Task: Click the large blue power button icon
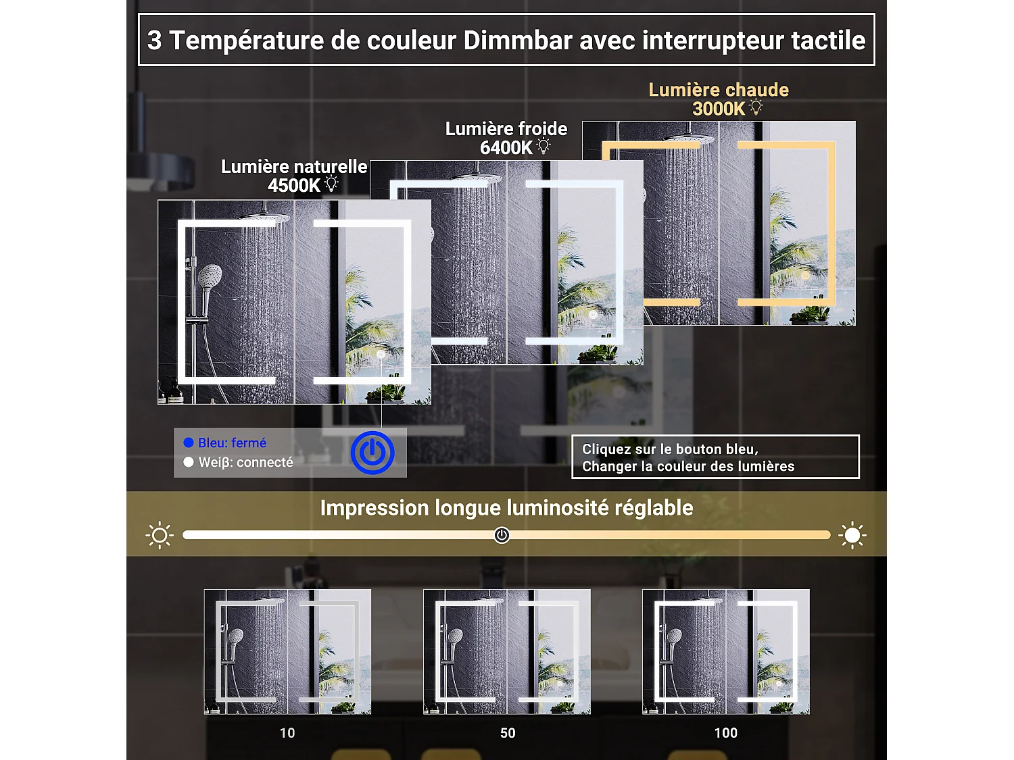click(372, 453)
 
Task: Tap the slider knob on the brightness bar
click(502, 535)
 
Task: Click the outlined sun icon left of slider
click(160, 535)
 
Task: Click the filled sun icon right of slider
click(852, 535)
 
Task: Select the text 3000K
click(718, 109)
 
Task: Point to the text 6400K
click(506, 148)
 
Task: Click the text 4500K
click(293, 186)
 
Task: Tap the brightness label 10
click(287, 733)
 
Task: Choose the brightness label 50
click(508, 733)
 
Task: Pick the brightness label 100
click(726, 733)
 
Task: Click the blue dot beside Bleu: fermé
click(189, 442)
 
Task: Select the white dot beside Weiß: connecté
click(189, 462)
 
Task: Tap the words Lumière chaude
click(719, 90)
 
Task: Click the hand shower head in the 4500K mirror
click(210, 276)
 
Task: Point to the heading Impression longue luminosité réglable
click(506, 508)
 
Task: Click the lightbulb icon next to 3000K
click(756, 107)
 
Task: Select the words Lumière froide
click(506, 129)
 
